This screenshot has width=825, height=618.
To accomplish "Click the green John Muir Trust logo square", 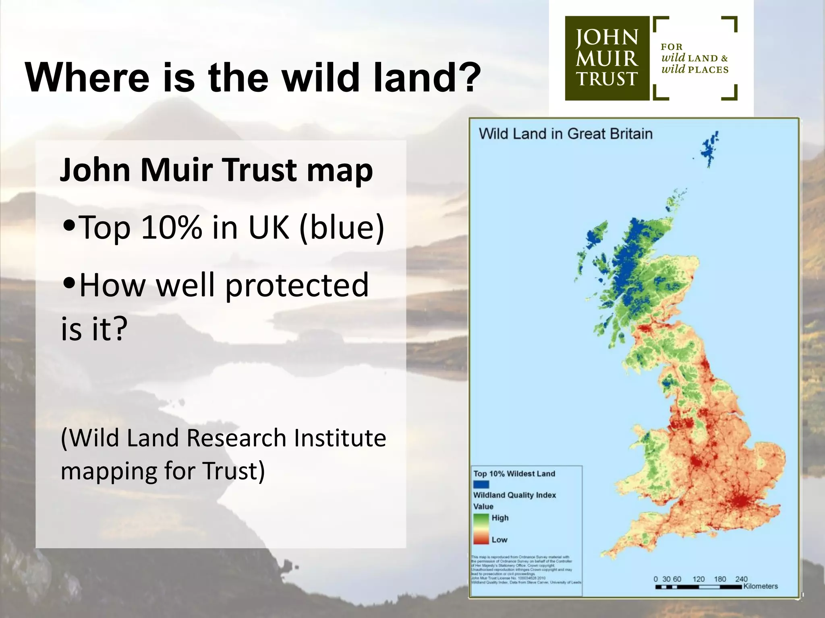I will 607,58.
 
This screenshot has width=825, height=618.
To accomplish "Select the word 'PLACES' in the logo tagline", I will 708,70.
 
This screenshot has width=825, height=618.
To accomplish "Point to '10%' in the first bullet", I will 172,227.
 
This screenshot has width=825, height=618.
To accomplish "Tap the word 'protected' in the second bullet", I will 296,285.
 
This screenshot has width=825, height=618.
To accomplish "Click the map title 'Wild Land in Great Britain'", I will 565,134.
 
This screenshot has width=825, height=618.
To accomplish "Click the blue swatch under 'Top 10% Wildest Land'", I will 481,484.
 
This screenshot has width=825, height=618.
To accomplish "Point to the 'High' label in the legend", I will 500,518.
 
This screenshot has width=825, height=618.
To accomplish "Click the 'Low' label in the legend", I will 499,540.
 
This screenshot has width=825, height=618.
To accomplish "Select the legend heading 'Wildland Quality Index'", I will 514,495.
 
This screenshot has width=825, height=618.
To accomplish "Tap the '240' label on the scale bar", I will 741,579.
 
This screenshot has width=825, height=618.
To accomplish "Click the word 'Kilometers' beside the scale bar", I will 761,586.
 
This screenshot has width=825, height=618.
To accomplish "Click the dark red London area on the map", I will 740,501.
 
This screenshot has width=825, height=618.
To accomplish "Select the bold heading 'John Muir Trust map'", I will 216,170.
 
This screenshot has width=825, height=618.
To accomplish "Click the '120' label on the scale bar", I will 699,579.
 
